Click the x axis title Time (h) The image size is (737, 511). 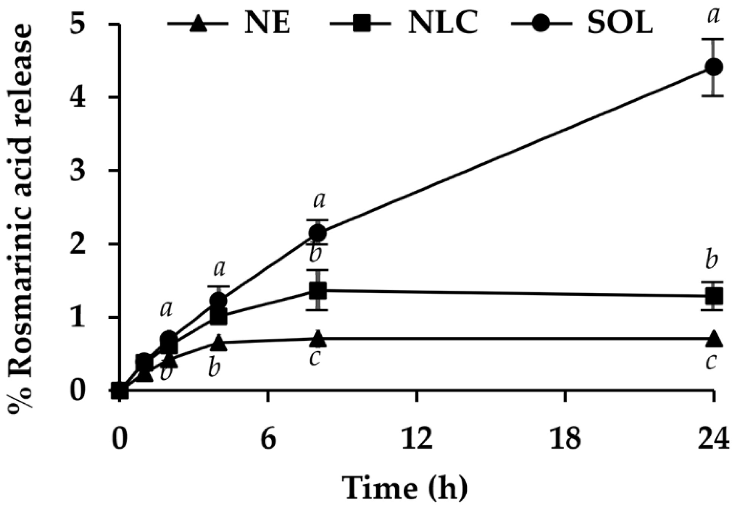(404, 488)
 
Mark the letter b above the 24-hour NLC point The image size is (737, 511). (712, 261)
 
